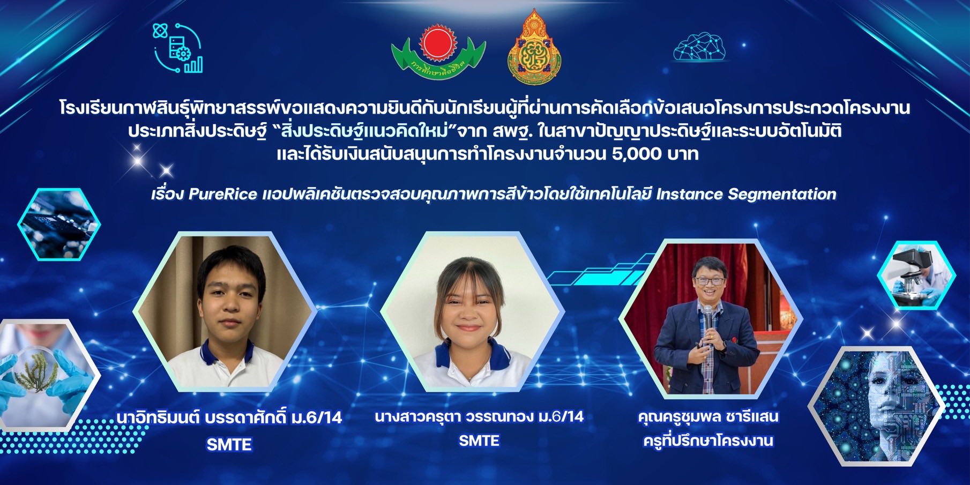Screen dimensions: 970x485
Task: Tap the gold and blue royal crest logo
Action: click(534, 47)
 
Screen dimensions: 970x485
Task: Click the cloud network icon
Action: click(700, 47)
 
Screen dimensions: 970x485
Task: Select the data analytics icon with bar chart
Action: click(178, 48)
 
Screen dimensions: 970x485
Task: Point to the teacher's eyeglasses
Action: click(708, 280)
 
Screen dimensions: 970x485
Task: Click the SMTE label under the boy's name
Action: click(229, 445)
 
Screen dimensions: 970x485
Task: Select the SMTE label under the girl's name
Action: click(479, 441)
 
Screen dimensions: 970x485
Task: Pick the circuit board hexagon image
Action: click(59, 224)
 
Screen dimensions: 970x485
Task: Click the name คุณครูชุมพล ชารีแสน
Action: click(708, 416)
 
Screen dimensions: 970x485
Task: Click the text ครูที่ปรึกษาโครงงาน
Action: click(708, 441)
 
